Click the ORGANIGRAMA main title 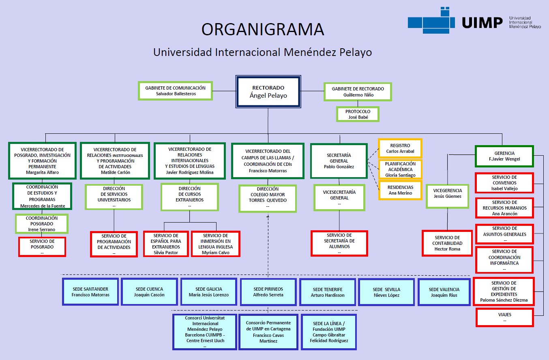(263, 29)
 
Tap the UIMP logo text (482, 23)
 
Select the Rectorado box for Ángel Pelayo (268, 92)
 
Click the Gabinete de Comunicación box (175, 91)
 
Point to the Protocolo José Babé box (358, 114)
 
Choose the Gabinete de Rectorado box (358, 92)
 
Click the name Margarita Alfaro (42, 172)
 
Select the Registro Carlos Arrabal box (400, 148)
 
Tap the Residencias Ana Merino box (400, 190)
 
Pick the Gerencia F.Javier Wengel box (504, 156)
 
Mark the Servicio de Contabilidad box (447, 243)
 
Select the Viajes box (504, 317)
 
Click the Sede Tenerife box (327, 292)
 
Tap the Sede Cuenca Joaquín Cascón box (149, 292)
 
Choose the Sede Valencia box (444, 292)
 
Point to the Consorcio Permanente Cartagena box (268, 332)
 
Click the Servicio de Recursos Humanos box (504, 208)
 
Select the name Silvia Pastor (166, 253)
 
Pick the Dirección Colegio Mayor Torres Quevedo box (268, 198)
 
